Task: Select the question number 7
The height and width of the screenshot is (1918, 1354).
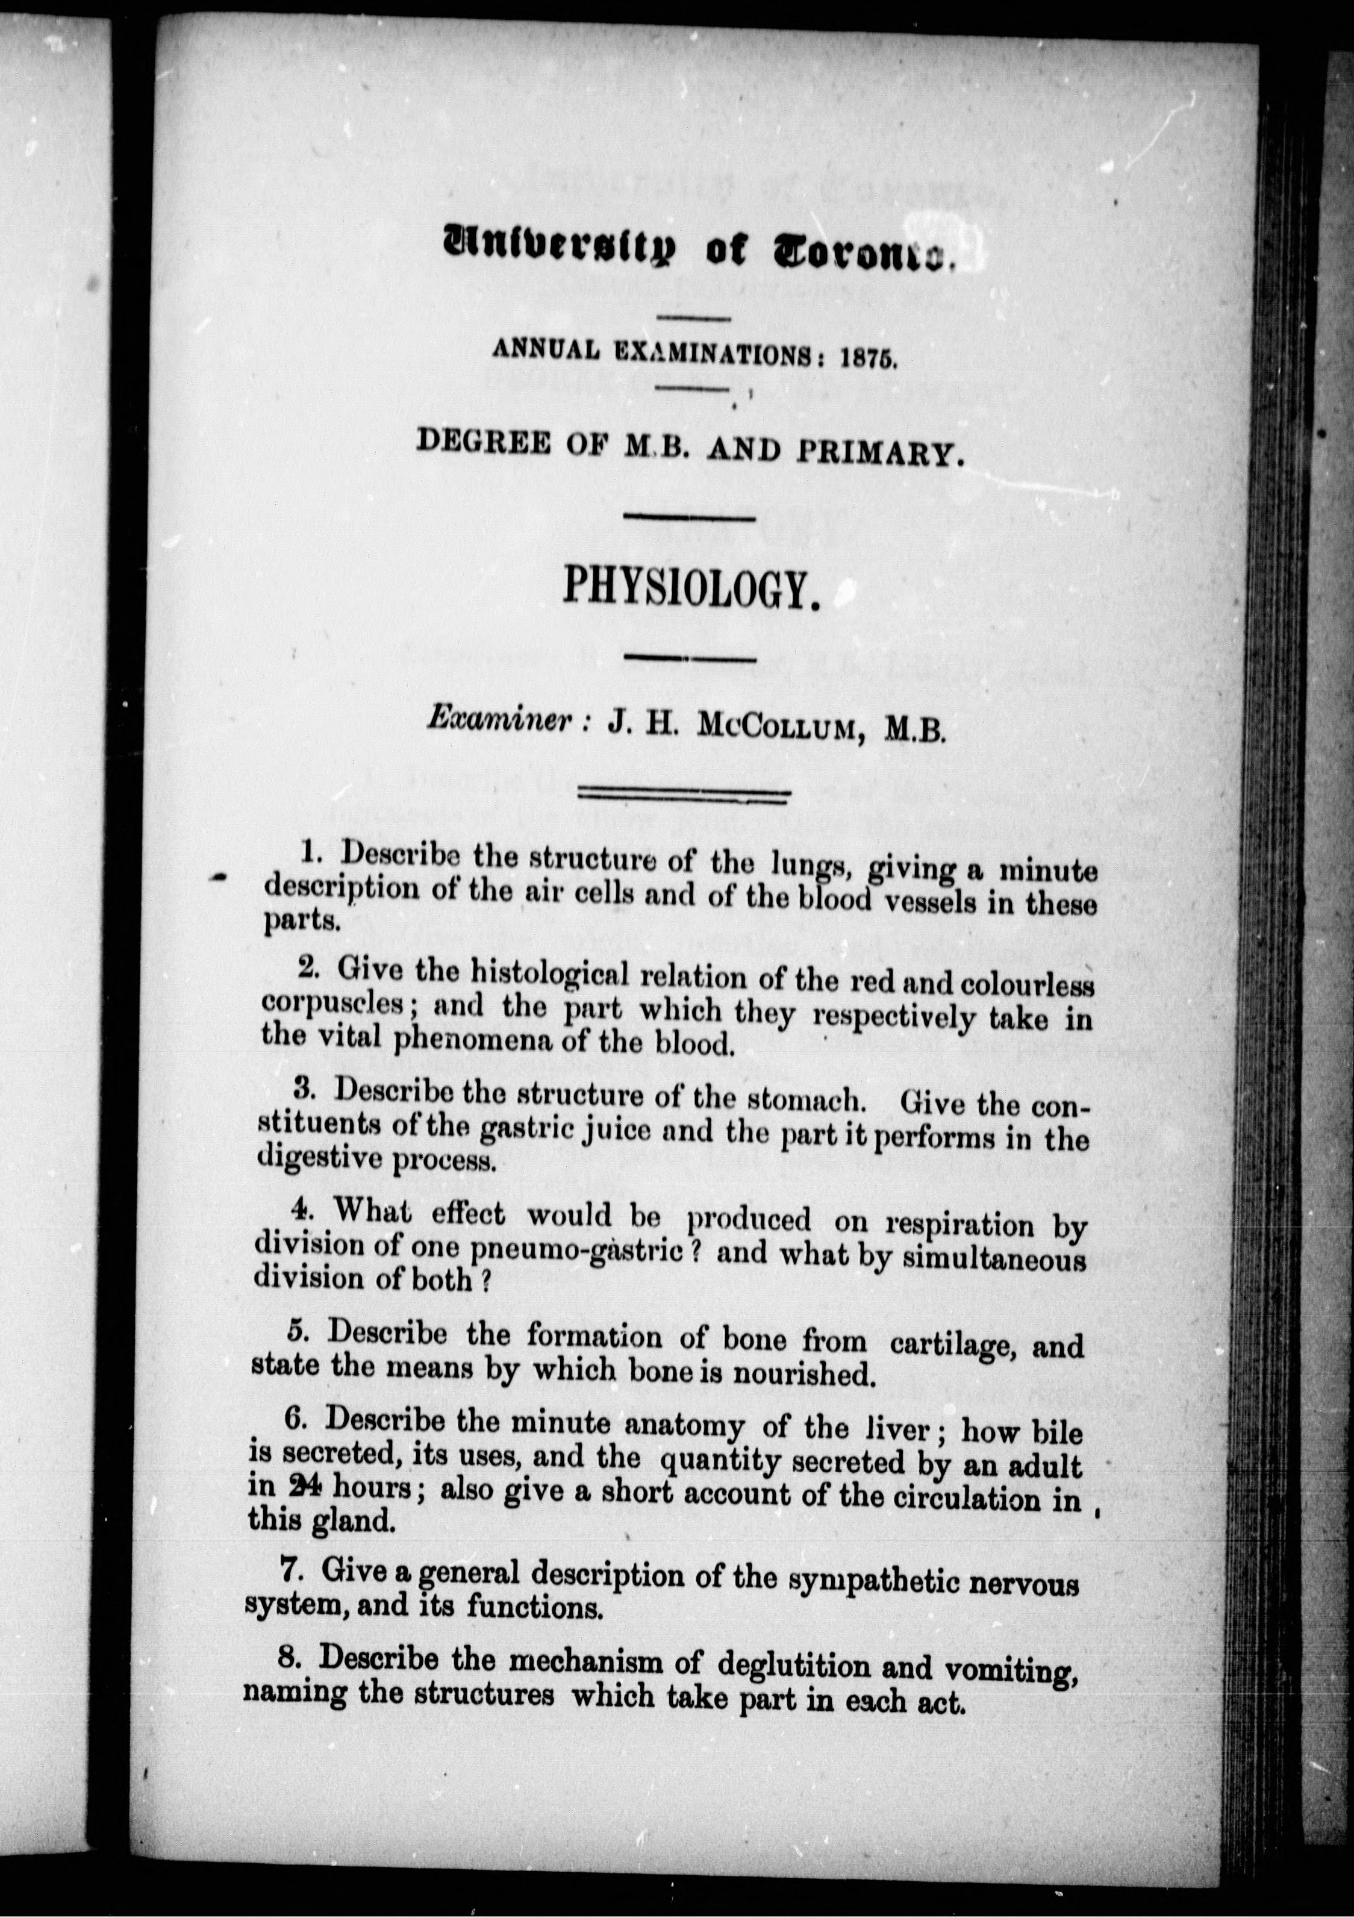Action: tap(290, 1570)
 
